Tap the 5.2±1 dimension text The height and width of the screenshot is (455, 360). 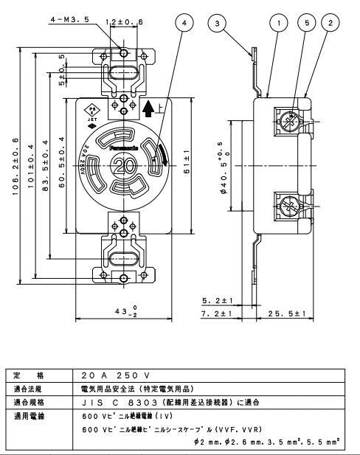[x=218, y=302]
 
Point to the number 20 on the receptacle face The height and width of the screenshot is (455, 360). [x=124, y=166]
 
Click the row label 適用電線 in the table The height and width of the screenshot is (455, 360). [x=30, y=417]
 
